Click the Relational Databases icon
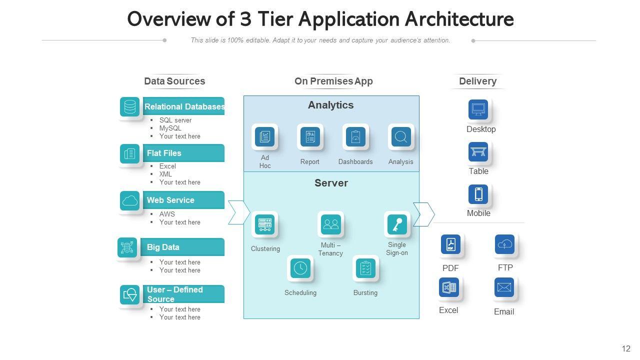point(130,107)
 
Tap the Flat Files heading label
point(164,153)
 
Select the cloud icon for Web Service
point(130,200)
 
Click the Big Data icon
point(127,247)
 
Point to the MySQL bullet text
point(170,128)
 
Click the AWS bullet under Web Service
point(167,214)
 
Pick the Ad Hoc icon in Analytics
point(264,136)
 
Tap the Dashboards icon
point(355,136)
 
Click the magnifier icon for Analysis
point(401,136)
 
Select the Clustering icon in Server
point(264,224)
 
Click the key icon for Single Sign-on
point(397,224)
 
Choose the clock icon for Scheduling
point(300,268)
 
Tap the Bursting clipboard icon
point(365,268)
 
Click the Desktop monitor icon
point(478,109)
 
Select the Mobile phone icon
point(478,194)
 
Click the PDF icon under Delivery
point(450,244)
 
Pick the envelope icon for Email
point(504,288)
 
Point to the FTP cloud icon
point(505,244)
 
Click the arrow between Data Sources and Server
point(238,212)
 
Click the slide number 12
point(626,348)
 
